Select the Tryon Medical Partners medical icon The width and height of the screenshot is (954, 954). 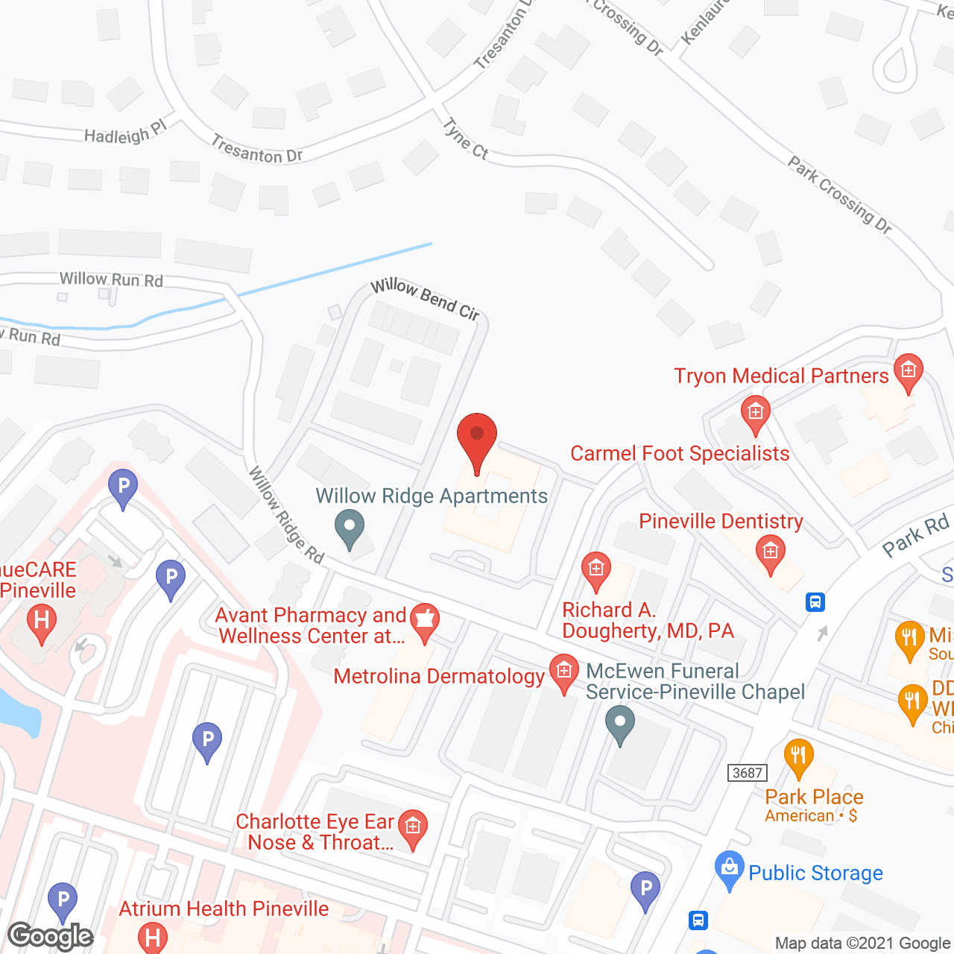coord(908,370)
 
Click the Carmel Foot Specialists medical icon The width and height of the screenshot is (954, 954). coord(755,413)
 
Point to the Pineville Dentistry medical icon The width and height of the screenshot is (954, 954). coord(770,552)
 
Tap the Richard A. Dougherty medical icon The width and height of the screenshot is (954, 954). coord(596,570)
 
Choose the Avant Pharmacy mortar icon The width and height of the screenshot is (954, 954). coord(424,620)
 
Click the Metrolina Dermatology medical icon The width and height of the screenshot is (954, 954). coord(563,671)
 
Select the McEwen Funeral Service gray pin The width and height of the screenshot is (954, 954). coord(619,722)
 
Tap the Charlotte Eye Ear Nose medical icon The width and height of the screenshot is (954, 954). coord(412,827)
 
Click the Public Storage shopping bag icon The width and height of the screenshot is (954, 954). coord(729,868)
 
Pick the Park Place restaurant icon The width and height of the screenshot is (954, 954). coord(798,756)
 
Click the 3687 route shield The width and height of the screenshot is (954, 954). coord(747,773)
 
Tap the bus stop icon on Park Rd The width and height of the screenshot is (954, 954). coord(815,601)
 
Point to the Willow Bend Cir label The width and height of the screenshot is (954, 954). coord(426,298)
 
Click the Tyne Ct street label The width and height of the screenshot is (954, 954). coord(466,139)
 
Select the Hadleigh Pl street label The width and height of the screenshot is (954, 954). coord(124,133)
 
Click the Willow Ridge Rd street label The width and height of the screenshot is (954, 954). coord(286,515)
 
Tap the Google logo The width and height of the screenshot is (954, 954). coord(51,935)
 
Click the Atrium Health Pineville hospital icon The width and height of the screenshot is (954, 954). coord(153,936)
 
